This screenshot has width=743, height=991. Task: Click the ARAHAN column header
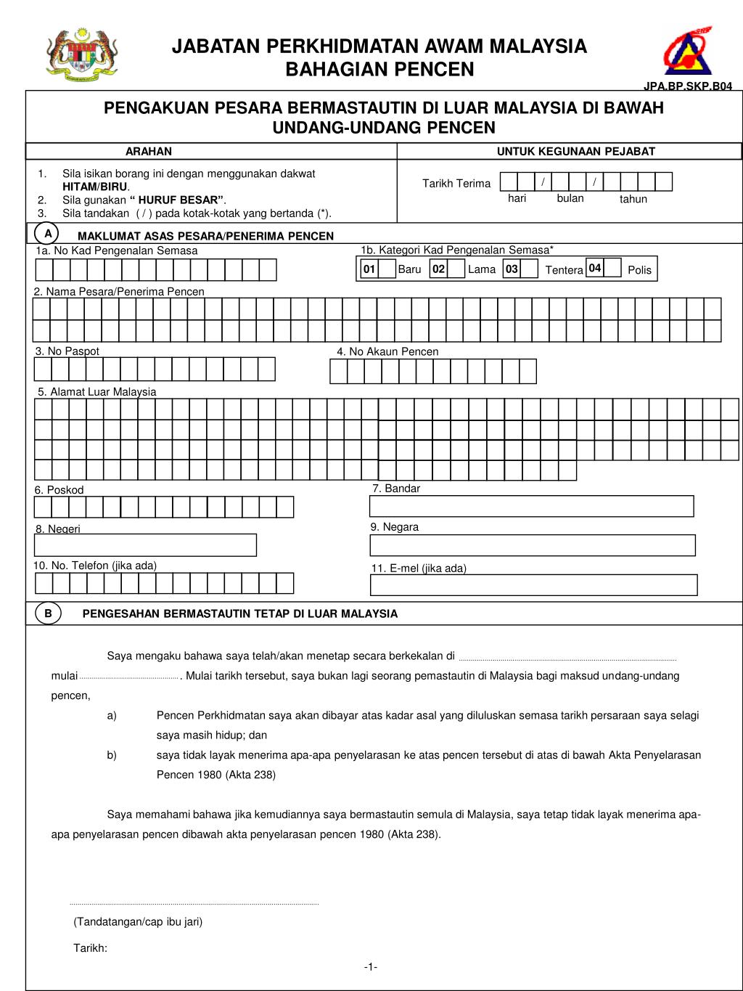click(149, 152)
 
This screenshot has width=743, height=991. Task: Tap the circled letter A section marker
click(47, 234)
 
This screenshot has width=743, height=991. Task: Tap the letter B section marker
click(48, 613)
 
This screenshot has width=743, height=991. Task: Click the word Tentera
click(564, 270)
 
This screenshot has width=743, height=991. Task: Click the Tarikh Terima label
click(456, 184)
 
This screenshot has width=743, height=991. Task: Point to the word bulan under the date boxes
click(570, 198)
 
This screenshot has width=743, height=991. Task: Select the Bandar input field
click(532, 506)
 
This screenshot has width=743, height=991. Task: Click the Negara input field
click(533, 545)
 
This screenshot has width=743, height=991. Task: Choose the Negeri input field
click(145, 545)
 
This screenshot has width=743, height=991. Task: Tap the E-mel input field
click(533, 585)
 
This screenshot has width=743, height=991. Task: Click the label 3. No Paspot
click(67, 351)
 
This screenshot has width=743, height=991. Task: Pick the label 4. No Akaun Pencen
click(387, 351)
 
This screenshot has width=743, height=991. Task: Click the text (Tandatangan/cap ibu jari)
click(138, 922)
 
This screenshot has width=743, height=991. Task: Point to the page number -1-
click(370, 967)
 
